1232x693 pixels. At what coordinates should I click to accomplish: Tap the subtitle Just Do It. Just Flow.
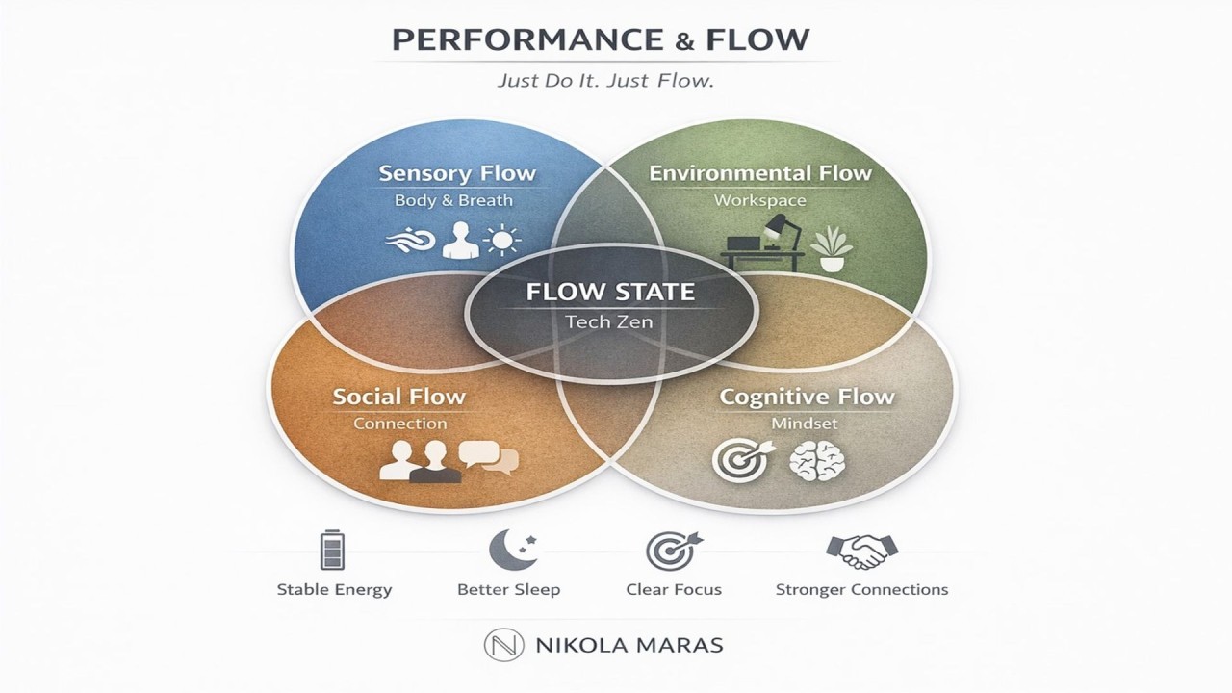[604, 81]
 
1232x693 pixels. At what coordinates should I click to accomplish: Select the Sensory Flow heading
[456, 174]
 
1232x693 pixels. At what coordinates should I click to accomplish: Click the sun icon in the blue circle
[501, 240]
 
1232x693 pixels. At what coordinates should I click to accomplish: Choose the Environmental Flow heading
[759, 173]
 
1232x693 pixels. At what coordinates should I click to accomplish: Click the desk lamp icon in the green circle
[777, 231]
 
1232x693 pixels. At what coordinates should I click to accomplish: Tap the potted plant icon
[831, 248]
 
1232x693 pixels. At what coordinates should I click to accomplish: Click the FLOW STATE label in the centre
[610, 292]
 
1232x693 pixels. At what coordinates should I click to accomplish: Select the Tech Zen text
[609, 321]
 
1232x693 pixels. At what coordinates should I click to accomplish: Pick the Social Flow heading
[398, 396]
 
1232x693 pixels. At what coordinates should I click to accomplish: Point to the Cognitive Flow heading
[807, 396]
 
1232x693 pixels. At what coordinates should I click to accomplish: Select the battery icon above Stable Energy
[332, 550]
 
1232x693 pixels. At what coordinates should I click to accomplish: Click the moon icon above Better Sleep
[509, 549]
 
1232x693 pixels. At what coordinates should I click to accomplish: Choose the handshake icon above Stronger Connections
[861, 551]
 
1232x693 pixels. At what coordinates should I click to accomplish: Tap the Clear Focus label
[674, 589]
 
